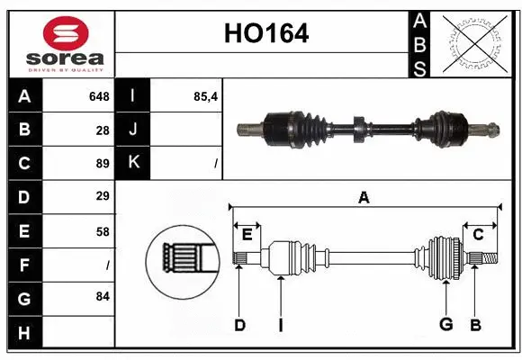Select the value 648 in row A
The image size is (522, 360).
99,96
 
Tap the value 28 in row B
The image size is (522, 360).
103,130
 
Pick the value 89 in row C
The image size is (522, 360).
103,164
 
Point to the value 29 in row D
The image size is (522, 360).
103,196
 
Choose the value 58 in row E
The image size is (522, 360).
103,230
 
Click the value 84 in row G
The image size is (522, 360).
103,296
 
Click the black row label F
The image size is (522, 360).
23,265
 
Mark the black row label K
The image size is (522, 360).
133,164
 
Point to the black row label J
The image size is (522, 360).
133,130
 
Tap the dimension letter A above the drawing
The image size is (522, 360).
364,197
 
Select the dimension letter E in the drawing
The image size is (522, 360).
247,235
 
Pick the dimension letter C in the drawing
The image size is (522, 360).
478,235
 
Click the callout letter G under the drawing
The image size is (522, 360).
445,324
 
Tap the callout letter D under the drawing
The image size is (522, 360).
239,324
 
